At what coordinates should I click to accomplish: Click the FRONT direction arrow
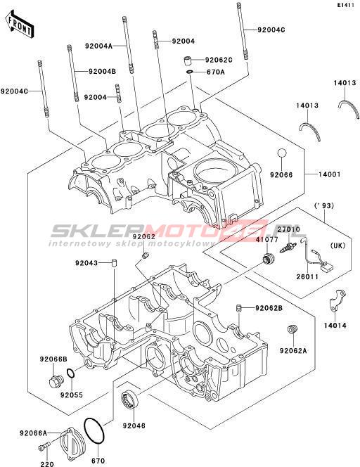(x=20, y=25)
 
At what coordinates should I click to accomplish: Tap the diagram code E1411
(x=346, y=5)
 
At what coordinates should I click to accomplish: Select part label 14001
(x=329, y=174)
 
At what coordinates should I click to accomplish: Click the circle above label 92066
(x=282, y=153)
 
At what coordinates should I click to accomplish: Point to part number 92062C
(x=219, y=60)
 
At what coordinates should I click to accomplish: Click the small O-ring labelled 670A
(x=190, y=72)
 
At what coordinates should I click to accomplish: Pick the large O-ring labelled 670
(x=94, y=430)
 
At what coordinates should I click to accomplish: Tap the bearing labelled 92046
(x=130, y=399)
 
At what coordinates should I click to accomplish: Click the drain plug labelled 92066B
(x=56, y=381)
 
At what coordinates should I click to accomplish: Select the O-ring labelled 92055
(x=70, y=373)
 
